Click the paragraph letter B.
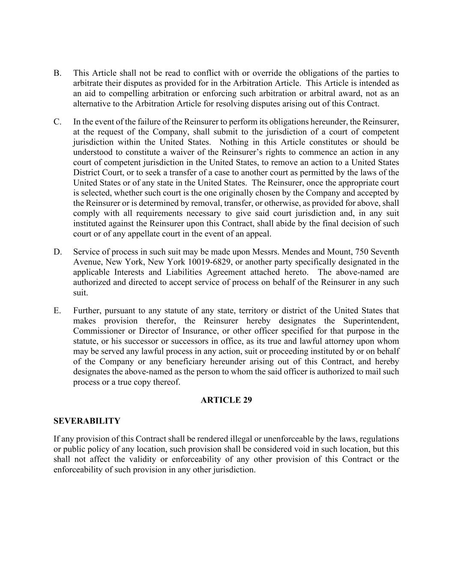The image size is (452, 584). (x=57, y=73)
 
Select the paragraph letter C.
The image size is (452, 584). (x=57, y=122)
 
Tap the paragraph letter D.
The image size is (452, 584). (x=58, y=252)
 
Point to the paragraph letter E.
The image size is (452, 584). (x=57, y=311)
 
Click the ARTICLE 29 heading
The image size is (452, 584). (x=226, y=400)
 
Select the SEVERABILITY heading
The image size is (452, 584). (x=87, y=421)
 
